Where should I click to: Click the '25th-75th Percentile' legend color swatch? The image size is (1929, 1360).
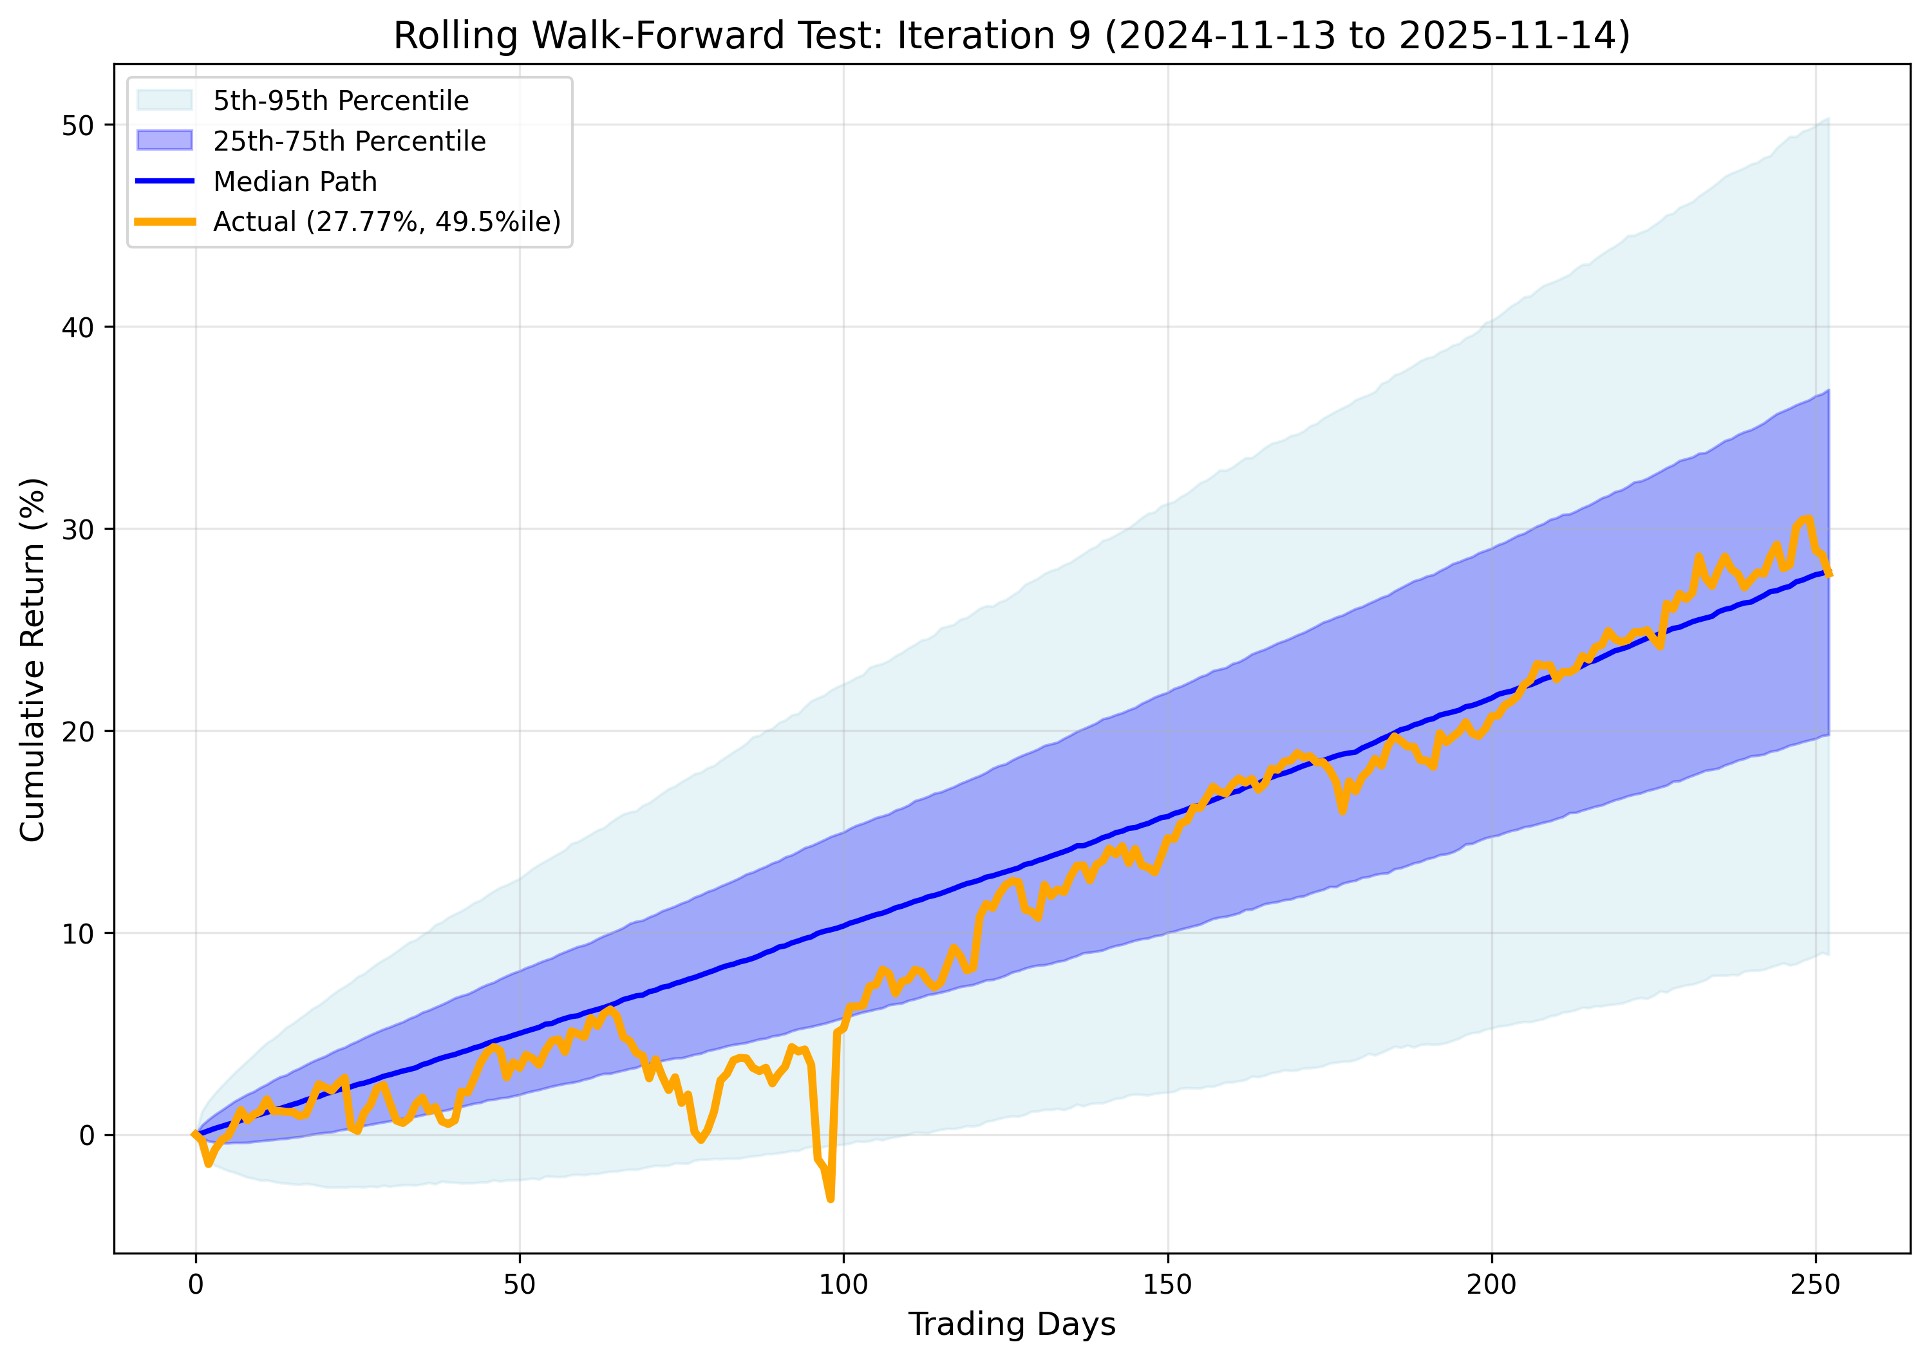point(165,141)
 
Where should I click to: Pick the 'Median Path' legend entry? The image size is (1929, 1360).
point(295,182)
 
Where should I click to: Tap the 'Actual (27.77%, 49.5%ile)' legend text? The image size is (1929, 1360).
point(386,222)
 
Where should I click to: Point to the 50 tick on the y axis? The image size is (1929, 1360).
point(77,125)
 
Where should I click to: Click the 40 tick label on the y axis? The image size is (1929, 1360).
point(77,328)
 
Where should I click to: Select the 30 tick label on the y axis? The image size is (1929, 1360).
point(77,529)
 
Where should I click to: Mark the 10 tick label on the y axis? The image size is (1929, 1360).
point(77,933)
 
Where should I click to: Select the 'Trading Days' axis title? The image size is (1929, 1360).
point(1012,1325)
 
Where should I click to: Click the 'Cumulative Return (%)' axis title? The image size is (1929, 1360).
point(33,660)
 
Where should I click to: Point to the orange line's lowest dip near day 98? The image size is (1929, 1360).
point(830,1198)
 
